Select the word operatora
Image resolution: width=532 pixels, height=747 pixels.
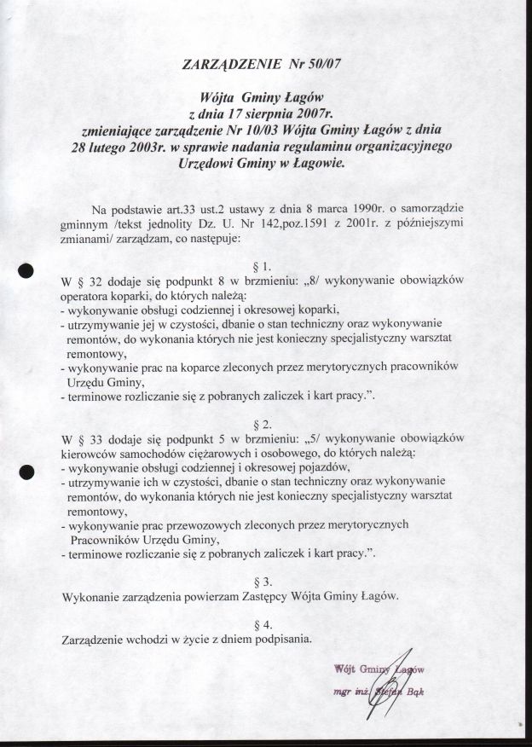[x=88, y=294]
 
